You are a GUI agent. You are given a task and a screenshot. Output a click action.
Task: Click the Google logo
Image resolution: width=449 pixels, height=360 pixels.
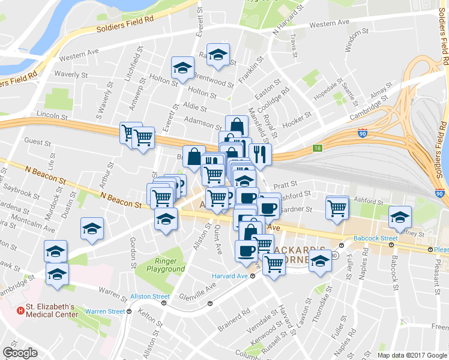[x=20, y=353]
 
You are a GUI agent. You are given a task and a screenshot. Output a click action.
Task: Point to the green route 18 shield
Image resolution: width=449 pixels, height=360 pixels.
[x=316, y=148]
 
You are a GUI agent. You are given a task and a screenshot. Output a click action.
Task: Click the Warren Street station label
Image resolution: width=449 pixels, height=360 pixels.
[x=104, y=311]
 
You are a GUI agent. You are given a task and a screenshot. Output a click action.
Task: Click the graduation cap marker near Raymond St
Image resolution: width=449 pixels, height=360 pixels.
[x=218, y=55]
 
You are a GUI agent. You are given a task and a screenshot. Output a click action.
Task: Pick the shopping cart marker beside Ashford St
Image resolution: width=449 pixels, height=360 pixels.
[x=337, y=208]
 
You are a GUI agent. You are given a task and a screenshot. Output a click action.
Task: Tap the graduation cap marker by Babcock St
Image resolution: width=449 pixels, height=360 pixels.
[x=399, y=217]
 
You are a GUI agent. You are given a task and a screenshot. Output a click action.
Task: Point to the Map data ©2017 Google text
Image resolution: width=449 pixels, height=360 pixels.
[x=412, y=355]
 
